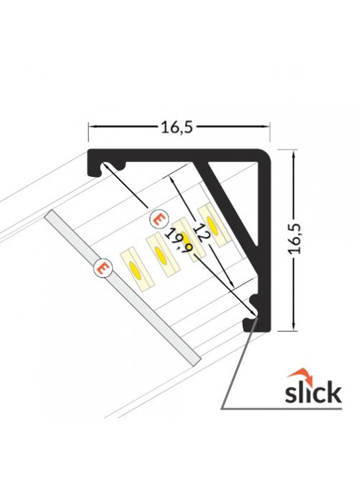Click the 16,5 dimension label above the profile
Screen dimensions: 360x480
(177, 127)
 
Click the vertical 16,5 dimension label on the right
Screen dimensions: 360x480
(294, 239)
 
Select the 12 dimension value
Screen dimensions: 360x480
(201, 232)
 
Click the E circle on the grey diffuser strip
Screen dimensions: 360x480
(103, 268)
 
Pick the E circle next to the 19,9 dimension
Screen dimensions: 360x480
(159, 219)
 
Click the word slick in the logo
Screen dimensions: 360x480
(312, 391)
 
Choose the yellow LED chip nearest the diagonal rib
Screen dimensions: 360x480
(212, 225)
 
